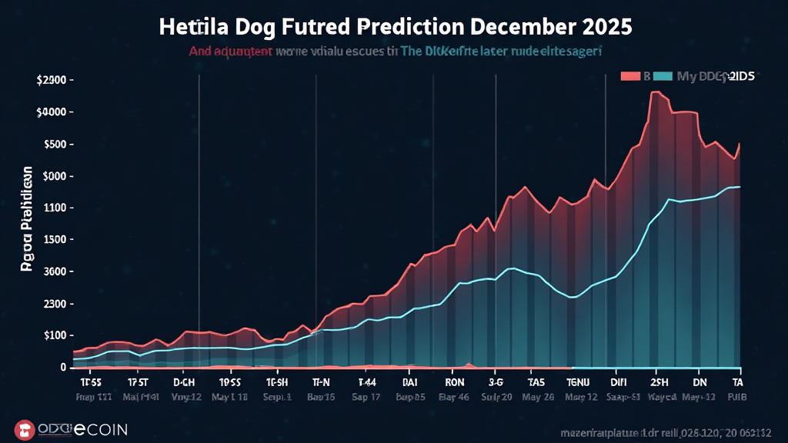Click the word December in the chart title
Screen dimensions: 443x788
[515, 25]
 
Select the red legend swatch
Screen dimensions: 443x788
[630, 76]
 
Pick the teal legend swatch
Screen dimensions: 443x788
[663, 76]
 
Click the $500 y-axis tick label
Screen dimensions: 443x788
[57, 145]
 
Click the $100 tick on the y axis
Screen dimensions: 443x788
[56, 336]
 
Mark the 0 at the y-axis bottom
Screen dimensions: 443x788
[64, 368]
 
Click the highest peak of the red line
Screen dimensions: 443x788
[656, 92]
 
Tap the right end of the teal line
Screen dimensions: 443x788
[740, 187]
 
